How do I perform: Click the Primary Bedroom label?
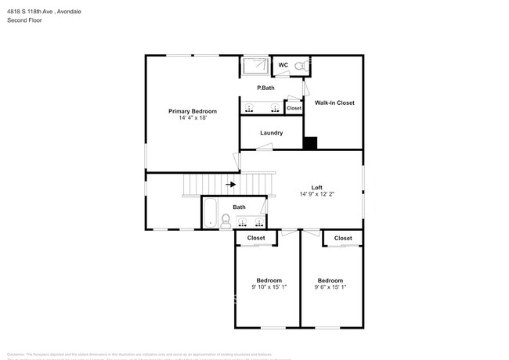[x=193, y=111]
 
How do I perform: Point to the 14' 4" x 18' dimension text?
[x=193, y=118]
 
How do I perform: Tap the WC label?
[x=283, y=65]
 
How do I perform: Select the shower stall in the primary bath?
[x=254, y=67]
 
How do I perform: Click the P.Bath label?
[x=265, y=88]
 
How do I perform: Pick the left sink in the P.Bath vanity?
[x=250, y=107]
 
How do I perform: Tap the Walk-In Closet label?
[x=334, y=103]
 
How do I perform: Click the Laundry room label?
[x=271, y=132]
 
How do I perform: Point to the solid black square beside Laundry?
[x=310, y=142]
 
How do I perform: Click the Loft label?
[x=316, y=187]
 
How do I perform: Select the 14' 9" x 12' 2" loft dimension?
[x=316, y=194]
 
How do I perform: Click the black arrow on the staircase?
[x=231, y=185]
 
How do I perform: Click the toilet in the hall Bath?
[x=226, y=220]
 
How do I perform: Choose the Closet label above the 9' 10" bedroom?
[x=256, y=237]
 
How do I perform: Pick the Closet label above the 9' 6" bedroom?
[x=343, y=237]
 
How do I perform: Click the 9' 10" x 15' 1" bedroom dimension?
[x=269, y=287]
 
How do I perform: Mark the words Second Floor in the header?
[x=26, y=20]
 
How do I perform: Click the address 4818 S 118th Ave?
[x=35, y=12]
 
